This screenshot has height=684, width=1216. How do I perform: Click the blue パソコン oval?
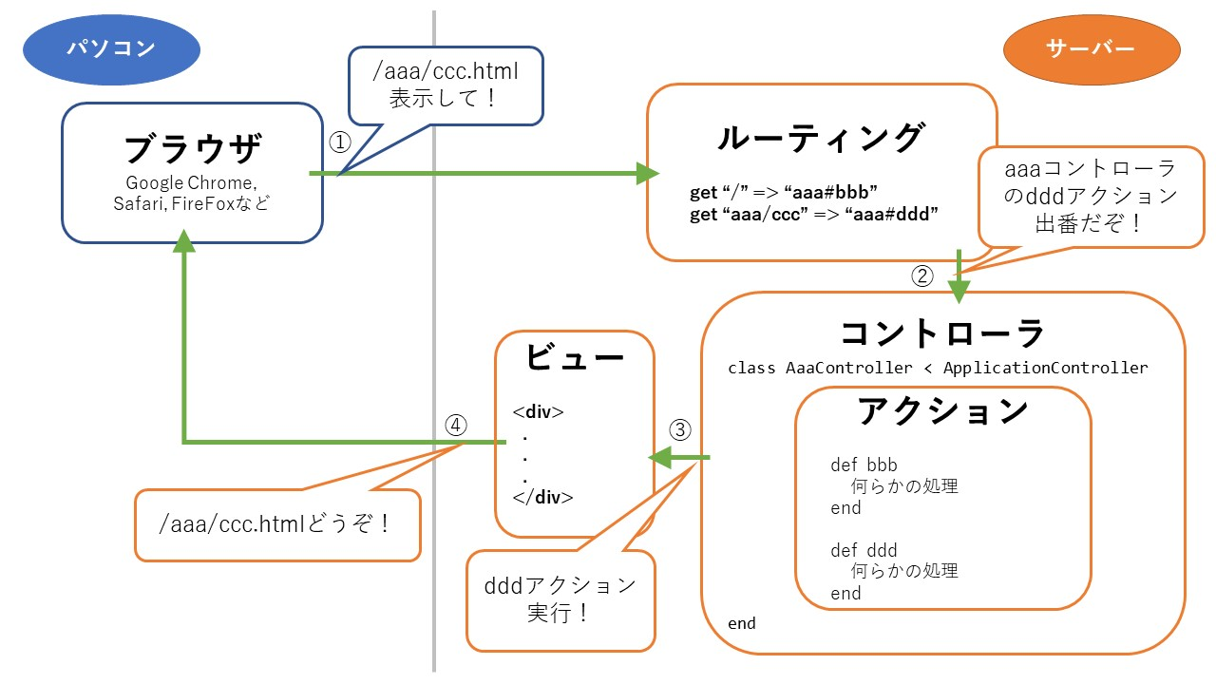pos(111,48)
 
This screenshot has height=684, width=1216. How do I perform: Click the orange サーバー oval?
pos(1091,48)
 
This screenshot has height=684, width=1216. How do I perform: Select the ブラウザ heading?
pos(192,149)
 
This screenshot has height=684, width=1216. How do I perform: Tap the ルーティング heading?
pos(821,138)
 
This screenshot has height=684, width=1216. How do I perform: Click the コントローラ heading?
pos(942,333)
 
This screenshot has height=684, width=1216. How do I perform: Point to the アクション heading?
pos(942,410)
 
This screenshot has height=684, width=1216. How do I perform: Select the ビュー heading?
pos(574,358)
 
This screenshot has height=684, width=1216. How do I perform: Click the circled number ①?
pos(339,142)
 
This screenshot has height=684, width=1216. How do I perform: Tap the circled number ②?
pos(922,276)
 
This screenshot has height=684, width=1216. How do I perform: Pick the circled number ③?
pos(680,429)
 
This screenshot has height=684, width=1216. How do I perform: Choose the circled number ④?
pos(456,426)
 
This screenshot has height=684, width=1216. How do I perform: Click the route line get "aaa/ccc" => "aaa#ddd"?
pos(813,215)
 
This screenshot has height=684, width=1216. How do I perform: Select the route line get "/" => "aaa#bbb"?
pos(783,193)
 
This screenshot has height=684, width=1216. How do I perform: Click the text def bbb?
pos(864,465)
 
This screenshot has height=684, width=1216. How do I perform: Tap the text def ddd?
pos(864,550)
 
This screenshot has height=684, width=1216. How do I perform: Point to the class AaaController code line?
pos(938,368)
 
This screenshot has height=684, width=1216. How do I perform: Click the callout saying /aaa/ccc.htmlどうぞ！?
pos(277,523)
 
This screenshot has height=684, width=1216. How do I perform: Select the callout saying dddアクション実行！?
pos(560,598)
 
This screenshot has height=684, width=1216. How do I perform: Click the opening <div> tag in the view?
pos(538,412)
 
